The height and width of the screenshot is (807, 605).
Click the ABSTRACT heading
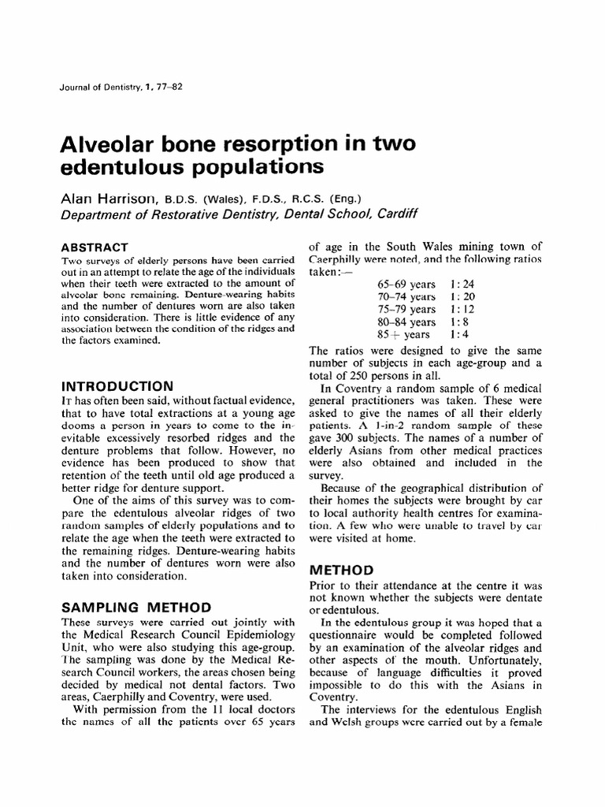tap(95, 247)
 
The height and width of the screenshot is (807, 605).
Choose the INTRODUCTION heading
tap(117, 386)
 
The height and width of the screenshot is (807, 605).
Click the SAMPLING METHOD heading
tap(135, 608)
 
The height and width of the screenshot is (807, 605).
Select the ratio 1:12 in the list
tap(462, 309)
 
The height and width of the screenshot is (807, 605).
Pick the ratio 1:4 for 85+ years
tap(458, 334)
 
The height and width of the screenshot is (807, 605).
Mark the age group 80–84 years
tap(406, 322)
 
